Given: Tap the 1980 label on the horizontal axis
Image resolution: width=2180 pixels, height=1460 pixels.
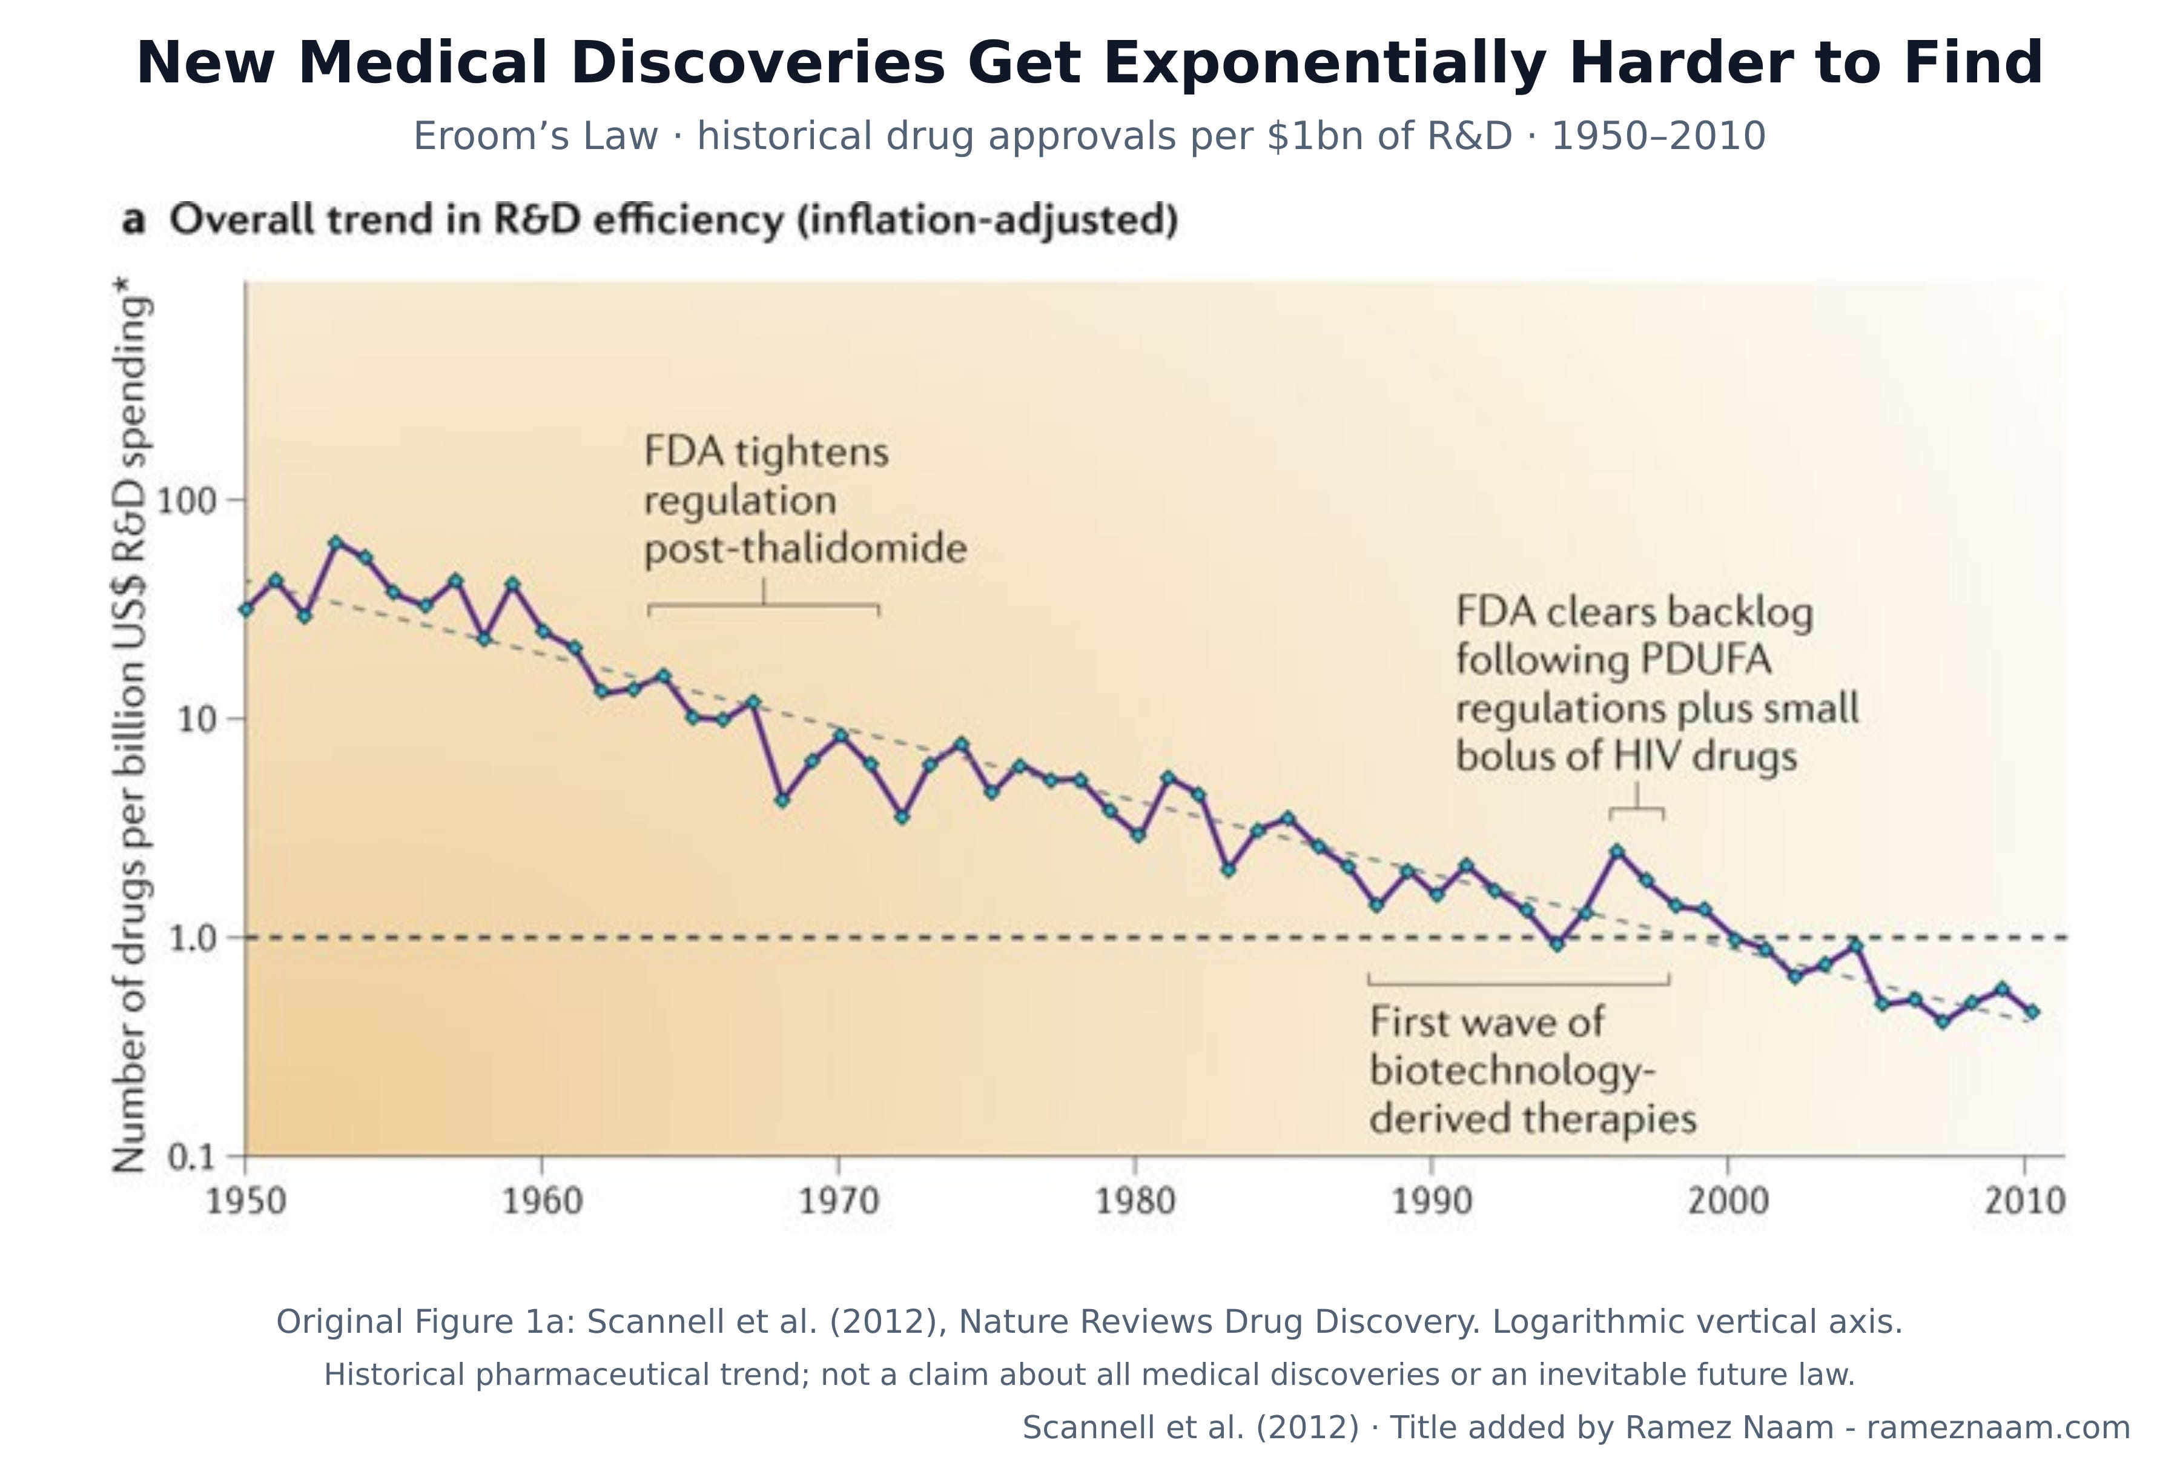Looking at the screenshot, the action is tap(1135, 1201).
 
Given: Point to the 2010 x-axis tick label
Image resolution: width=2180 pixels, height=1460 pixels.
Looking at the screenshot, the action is tap(2024, 1201).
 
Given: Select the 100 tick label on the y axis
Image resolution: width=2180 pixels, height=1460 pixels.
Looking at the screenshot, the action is tap(186, 501).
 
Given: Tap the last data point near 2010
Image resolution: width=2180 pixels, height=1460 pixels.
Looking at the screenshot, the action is tap(2032, 1011).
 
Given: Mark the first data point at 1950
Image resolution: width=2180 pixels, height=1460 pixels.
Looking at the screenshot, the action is tap(246, 609).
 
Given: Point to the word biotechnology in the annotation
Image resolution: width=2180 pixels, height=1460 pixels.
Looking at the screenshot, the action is tap(1513, 1071).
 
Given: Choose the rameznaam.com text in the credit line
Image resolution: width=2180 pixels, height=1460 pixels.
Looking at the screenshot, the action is tap(1998, 1427).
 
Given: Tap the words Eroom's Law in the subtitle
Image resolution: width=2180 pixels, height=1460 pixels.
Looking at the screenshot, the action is tap(535, 136).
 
